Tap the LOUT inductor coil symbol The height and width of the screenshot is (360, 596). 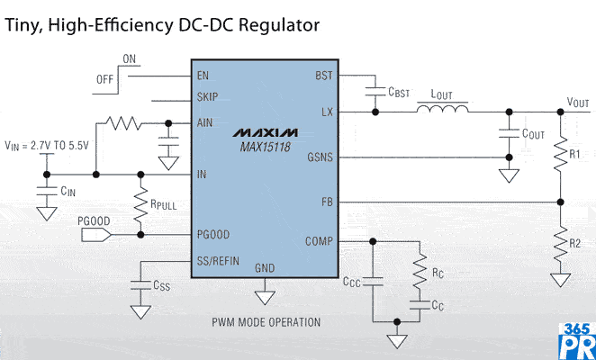(442, 110)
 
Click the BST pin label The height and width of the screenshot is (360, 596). (323, 76)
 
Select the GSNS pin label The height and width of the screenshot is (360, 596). (319, 157)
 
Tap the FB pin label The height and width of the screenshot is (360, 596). (325, 202)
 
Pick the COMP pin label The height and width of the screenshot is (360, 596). (319, 241)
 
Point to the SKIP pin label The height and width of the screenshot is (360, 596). (208, 97)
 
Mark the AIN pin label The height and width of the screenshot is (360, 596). (206, 124)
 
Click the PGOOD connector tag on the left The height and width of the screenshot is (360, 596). (94, 235)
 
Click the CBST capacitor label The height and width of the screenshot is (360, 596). (400, 92)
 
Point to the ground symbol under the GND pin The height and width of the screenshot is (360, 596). (265, 293)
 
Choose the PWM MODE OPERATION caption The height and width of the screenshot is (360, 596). (266, 321)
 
